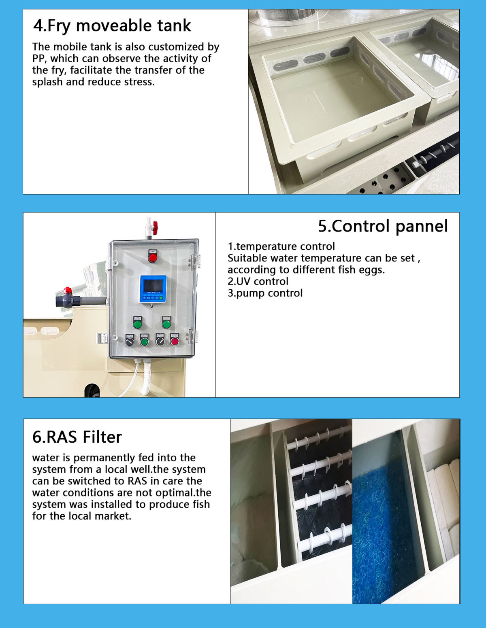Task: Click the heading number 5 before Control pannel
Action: (x=323, y=226)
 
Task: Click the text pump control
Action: (x=269, y=293)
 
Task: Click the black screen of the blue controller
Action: (x=153, y=286)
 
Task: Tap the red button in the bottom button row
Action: (x=175, y=341)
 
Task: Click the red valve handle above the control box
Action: (x=155, y=228)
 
